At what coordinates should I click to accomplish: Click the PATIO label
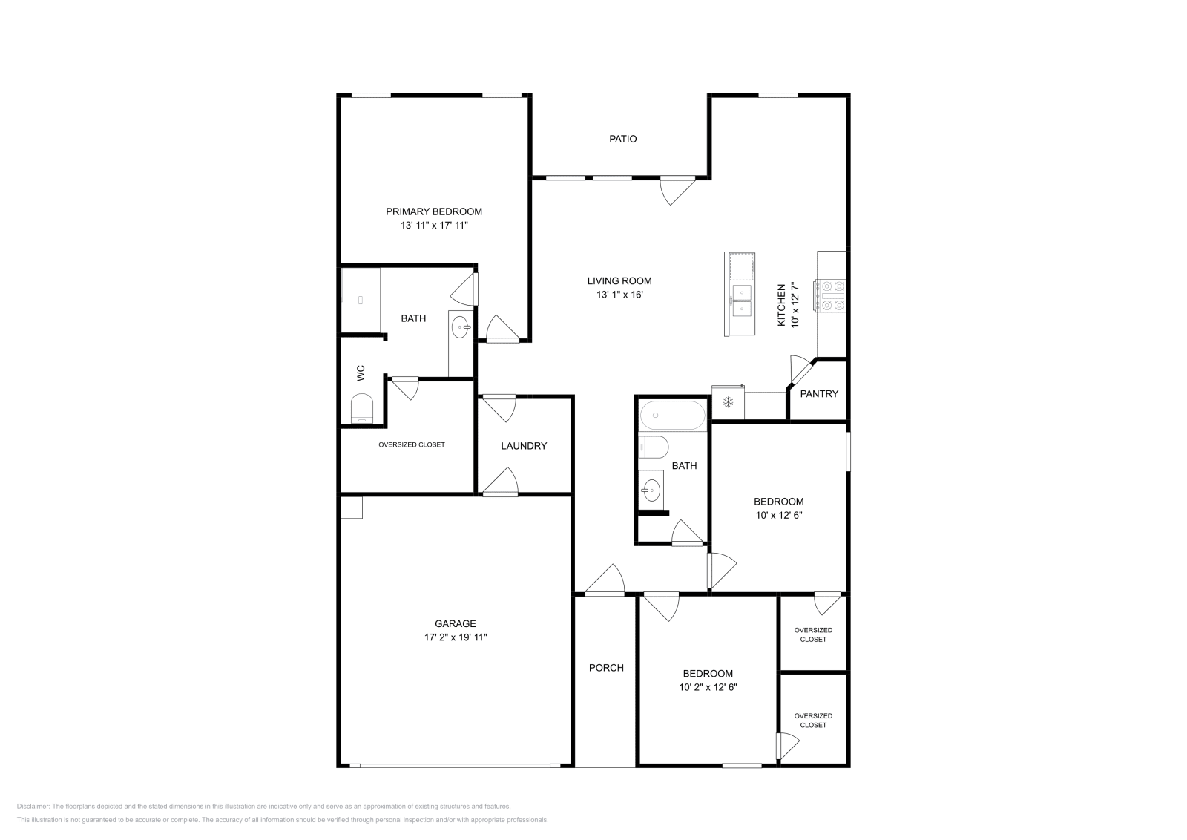click(x=622, y=139)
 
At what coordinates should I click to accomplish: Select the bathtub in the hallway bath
click(x=673, y=416)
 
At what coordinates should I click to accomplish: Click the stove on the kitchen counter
click(x=831, y=295)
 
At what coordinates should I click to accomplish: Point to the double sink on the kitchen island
click(x=740, y=301)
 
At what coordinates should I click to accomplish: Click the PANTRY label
click(x=819, y=393)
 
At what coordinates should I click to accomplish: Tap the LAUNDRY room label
click(x=523, y=446)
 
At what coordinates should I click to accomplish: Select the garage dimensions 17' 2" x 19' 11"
click(x=456, y=637)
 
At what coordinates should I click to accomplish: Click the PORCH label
click(x=606, y=667)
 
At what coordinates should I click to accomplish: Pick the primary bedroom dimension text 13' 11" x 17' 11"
click(x=434, y=225)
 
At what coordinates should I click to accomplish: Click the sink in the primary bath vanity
click(x=461, y=326)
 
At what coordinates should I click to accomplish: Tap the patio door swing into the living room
click(x=677, y=191)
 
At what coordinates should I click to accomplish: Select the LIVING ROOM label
click(x=619, y=280)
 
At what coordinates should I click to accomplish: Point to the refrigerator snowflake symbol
click(x=728, y=401)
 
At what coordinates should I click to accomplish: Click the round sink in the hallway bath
click(x=651, y=490)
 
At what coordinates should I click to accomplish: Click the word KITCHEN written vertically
click(x=780, y=305)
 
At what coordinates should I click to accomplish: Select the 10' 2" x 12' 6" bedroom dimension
click(x=708, y=687)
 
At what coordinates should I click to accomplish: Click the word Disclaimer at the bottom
click(x=33, y=806)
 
